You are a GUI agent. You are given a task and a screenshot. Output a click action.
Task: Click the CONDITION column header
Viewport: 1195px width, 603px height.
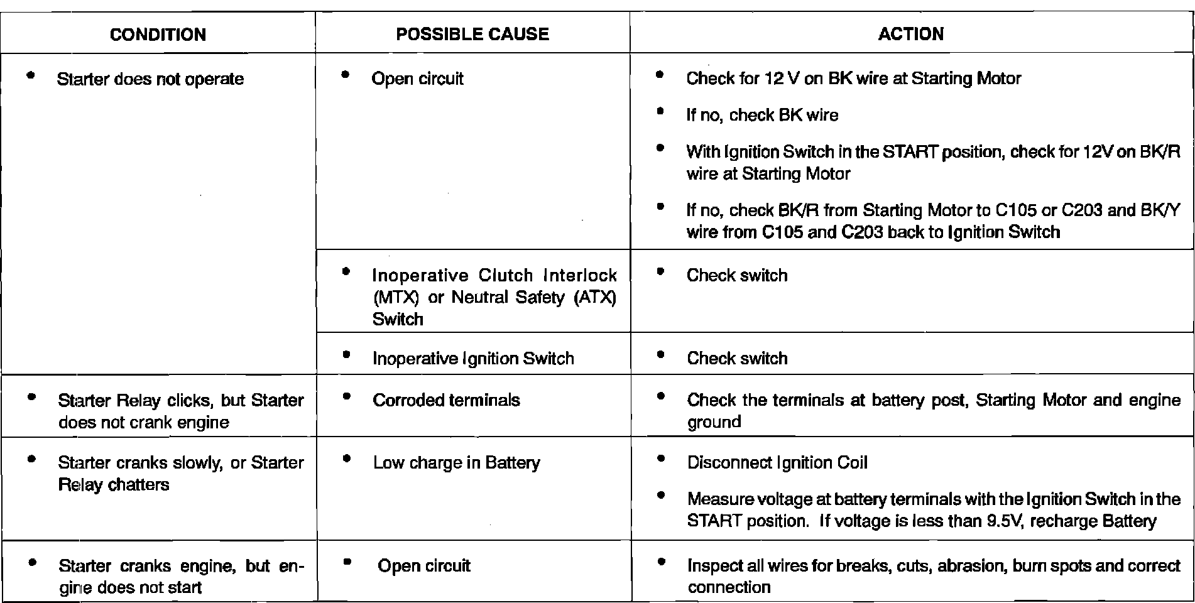[158, 34]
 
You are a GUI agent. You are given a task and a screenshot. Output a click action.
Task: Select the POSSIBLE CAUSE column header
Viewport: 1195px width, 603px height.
[472, 34]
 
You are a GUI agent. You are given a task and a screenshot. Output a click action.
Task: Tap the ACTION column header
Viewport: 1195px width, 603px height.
[910, 34]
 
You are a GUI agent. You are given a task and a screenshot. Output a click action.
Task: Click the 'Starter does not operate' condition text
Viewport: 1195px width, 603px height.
[150, 79]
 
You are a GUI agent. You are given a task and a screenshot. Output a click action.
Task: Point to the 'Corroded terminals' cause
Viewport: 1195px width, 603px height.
[446, 400]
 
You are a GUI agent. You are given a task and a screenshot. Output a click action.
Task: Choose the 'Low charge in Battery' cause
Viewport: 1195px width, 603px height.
[456, 463]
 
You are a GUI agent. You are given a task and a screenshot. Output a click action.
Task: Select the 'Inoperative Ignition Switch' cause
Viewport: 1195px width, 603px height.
[473, 358]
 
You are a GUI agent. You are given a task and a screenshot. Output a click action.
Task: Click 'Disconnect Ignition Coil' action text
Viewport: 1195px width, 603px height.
[777, 463]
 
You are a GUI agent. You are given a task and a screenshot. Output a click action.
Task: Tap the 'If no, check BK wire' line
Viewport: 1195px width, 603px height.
[762, 115]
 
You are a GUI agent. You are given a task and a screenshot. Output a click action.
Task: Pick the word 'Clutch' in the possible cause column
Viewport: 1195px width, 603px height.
[506, 276]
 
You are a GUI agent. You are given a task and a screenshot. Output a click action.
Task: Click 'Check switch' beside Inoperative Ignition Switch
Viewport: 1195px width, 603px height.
[737, 358]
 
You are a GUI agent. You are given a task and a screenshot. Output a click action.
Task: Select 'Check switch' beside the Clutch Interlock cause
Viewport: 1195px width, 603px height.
[737, 275]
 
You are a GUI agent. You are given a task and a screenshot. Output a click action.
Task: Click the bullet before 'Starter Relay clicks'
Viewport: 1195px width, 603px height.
[31, 397]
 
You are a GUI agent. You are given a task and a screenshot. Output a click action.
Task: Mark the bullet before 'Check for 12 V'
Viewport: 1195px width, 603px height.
[659, 75]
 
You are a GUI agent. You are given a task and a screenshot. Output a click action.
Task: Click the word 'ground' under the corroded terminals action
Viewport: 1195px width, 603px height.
[714, 422]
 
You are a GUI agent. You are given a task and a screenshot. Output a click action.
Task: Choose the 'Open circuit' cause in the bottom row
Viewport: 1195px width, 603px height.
[424, 566]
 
